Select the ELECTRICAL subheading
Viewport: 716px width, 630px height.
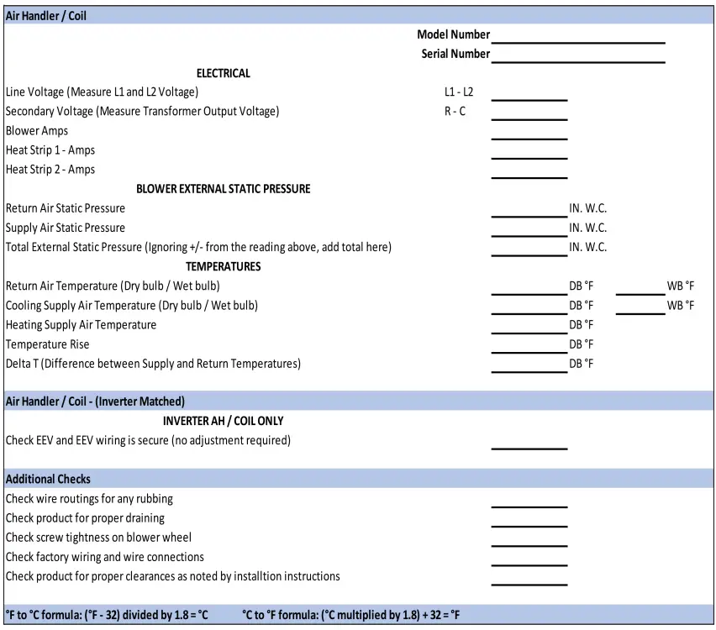(224, 73)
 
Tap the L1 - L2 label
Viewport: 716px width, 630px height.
(459, 92)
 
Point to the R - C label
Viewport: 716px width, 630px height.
(455, 112)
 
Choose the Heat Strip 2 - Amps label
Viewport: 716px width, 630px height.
(50, 170)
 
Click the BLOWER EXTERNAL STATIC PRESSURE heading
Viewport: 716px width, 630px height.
(224, 189)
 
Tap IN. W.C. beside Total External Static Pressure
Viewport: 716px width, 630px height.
(588, 248)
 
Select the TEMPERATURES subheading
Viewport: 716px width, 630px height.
(224, 267)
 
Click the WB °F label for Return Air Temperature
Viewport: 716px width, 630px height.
(681, 286)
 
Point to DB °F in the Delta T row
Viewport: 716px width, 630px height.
(582, 365)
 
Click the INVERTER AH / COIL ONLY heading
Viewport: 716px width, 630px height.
(224, 421)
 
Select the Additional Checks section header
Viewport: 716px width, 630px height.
(48, 480)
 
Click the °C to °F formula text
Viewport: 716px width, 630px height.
(351, 615)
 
